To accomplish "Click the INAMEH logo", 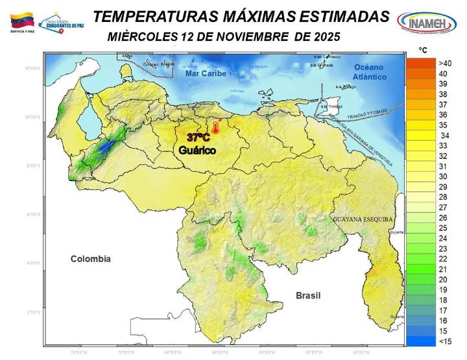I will tap(425, 22).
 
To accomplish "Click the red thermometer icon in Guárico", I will tap(216, 127).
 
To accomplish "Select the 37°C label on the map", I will tap(198, 138).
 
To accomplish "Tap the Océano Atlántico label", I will tap(369, 72).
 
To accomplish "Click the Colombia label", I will tap(90, 259).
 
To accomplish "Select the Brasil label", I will tap(308, 295).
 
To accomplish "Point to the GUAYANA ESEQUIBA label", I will tap(363, 219).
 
